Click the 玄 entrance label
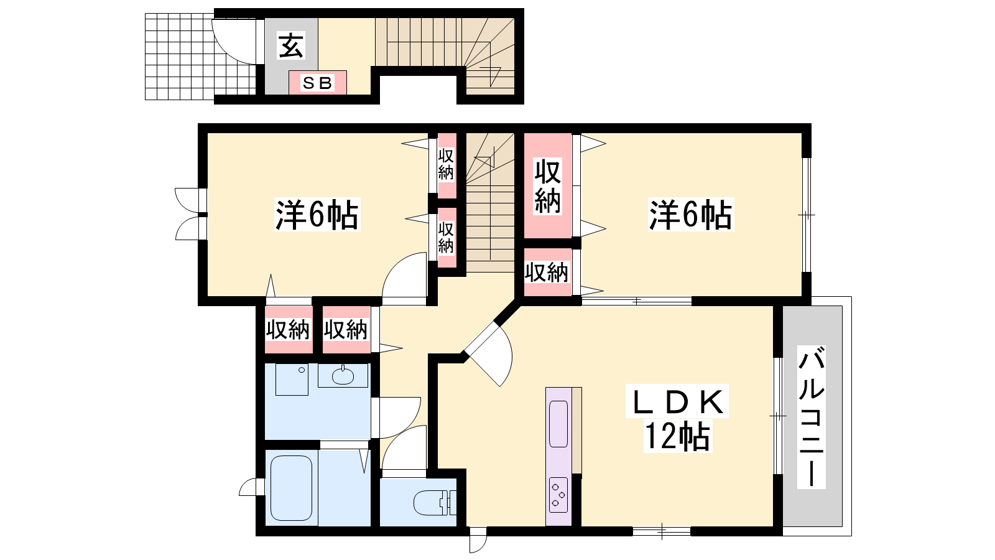tap(291, 45)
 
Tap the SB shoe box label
tap(317, 83)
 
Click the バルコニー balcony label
tap(812, 417)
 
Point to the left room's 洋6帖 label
tap(317, 215)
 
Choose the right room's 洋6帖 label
tap(691, 215)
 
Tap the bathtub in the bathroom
tap(292, 488)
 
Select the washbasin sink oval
tap(343, 377)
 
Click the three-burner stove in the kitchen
tap(558, 495)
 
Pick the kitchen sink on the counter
tap(558, 424)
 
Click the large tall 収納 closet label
tap(548, 186)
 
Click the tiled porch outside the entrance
tap(201, 57)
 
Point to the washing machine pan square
tap(292, 380)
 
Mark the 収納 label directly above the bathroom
tap(288, 330)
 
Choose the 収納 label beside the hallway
tap(346, 330)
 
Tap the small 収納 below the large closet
tap(547, 273)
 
